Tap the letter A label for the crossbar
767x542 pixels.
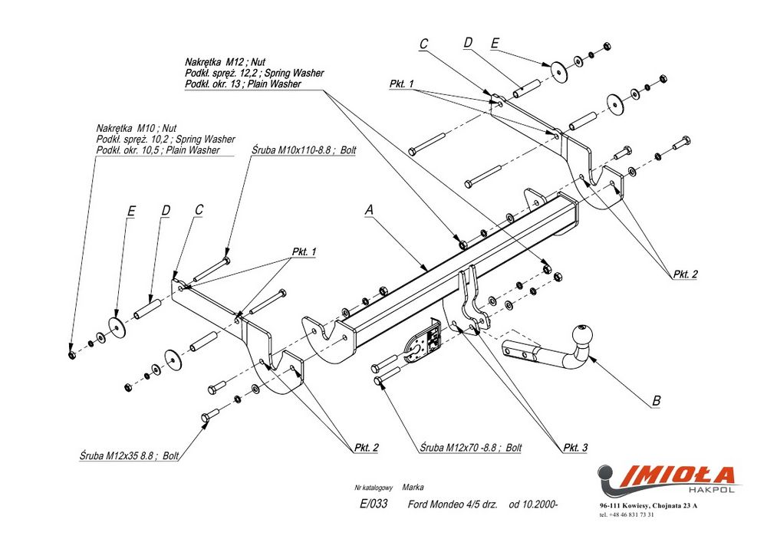(370, 209)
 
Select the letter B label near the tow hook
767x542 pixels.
(655, 400)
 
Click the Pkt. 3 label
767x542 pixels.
(575, 448)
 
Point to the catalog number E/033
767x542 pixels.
(374, 504)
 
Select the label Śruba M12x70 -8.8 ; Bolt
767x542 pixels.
(471, 447)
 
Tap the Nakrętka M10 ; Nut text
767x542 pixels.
(137, 128)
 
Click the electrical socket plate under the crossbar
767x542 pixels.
(422, 343)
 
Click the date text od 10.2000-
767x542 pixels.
(533, 504)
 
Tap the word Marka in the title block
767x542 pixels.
(413, 487)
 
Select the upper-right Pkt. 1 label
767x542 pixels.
(401, 84)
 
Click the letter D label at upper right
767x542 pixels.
(467, 44)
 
